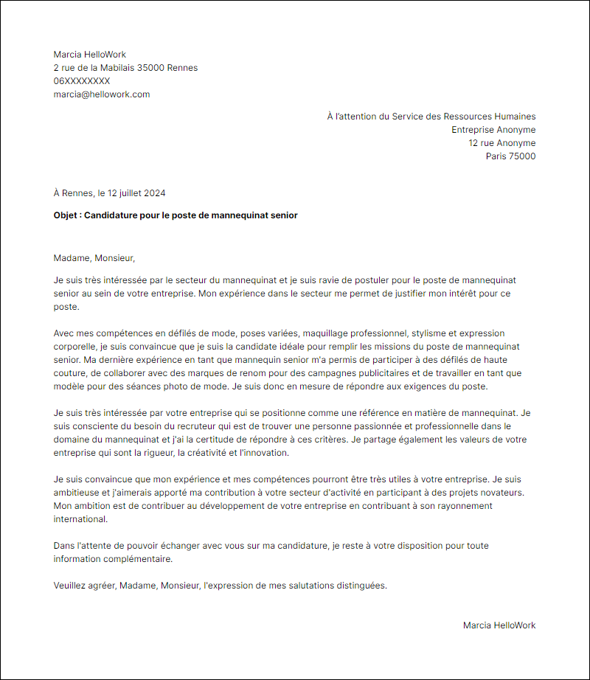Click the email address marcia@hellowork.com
[102, 94]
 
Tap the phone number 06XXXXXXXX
[82, 81]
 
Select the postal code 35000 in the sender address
[150, 68]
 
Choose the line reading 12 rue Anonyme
[502, 143]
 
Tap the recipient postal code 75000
[522, 156]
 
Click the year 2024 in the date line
[154, 193]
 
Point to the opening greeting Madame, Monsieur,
[94, 258]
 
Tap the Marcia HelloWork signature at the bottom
[499, 625]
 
